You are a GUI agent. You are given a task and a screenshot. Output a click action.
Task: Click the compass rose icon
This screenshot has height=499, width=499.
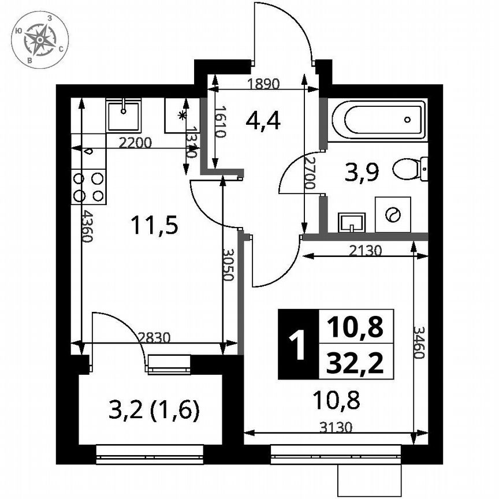(x=40, y=39)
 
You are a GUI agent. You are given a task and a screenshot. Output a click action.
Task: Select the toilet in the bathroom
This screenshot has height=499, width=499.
(x=410, y=169)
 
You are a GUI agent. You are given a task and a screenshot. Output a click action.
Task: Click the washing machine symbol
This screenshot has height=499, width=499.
(x=393, y=214)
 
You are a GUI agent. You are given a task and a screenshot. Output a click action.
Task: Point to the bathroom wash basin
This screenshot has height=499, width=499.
(x=352, y=222)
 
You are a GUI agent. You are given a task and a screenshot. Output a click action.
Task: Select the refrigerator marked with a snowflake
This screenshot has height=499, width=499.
(x=182, y=116)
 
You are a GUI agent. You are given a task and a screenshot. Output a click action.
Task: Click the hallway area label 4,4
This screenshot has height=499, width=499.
(x=263, y=120)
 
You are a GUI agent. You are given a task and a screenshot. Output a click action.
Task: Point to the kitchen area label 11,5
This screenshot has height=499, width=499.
(x=153, y=225)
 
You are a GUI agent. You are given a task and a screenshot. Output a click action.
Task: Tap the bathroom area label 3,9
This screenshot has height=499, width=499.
(x=361, y=172)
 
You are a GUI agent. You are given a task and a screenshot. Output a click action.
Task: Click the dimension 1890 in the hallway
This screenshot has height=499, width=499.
(x=263, y=83)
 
